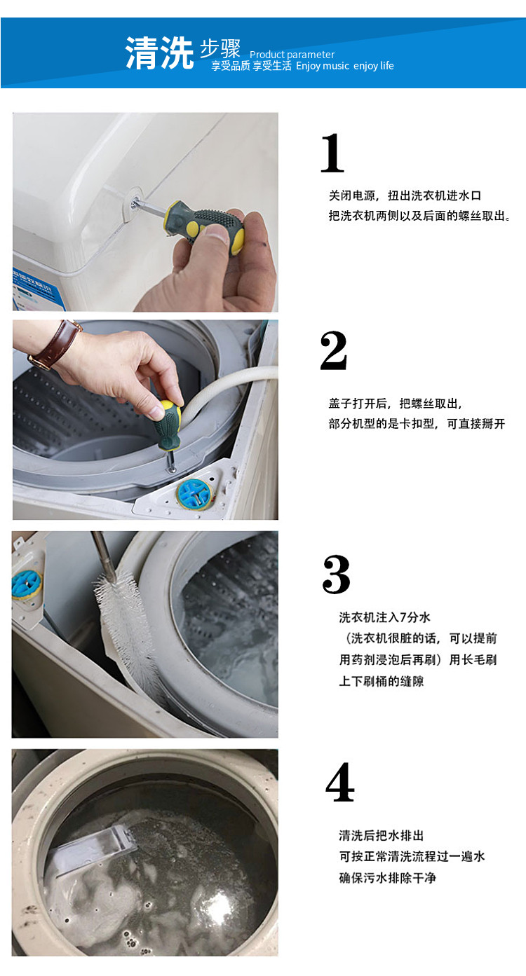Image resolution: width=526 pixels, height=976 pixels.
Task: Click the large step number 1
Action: (332, 153)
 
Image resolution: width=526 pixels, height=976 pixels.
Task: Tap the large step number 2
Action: (333, 350)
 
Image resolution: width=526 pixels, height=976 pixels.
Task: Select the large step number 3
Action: (336, 575)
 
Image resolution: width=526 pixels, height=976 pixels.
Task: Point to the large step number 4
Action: (339, 783)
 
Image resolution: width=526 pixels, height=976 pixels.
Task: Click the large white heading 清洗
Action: (159, 53)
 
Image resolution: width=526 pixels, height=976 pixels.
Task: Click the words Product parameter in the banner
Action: (292, 55)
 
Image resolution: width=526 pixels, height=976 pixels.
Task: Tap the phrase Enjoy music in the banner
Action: (323, 66)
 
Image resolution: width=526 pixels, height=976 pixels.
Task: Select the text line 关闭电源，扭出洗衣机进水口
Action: (405, 196)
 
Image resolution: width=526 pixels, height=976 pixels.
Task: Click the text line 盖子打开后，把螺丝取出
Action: (395, 404)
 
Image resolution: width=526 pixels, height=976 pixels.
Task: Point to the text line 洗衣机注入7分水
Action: (385, 617)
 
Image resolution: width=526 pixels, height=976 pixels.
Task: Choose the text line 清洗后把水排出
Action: (382, 836)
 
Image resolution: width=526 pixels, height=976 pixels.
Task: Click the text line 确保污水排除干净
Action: (388, 878)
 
